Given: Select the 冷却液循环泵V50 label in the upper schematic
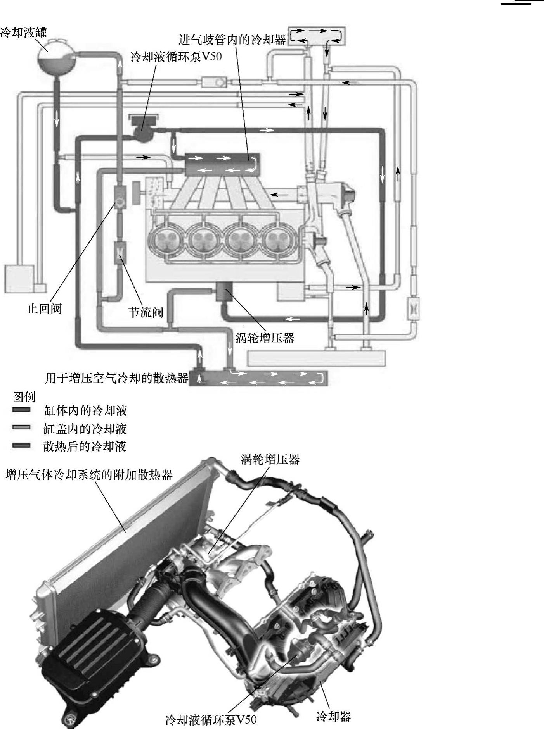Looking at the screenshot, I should pyautogui.click(x=176, y=57).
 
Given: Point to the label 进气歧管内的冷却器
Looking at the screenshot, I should pyautogui.click(x=232, y=40).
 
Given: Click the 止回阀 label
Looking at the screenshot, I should pyautogui.click(x=44, y=309).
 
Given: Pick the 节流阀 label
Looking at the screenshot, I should pyautogui.click(x=146, y=312).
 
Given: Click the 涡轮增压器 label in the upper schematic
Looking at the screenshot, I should pyautogui.click(x=265, y=338).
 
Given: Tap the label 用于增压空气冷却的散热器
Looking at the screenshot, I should pyautogui.click(x=116, y=378).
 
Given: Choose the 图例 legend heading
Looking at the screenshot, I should pyautogui.click(x=24, y=396).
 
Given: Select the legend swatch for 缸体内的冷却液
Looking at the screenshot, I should pyautogui.click(x=21, y=410).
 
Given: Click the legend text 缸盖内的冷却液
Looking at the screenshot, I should pyautogui.click(x=85, y=429).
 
